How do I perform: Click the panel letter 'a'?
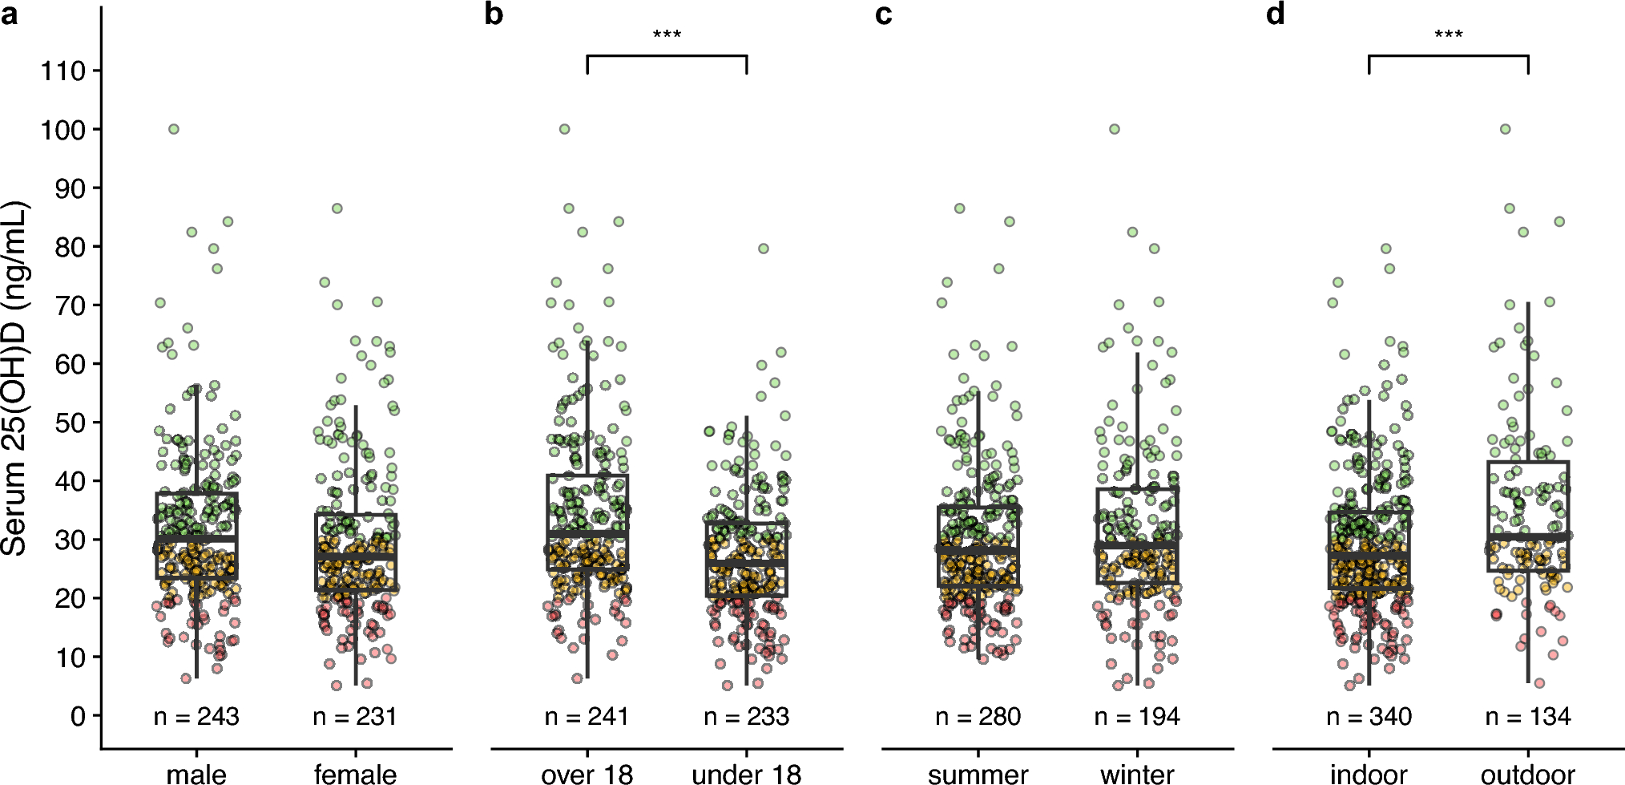point(10,14)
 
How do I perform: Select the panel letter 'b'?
point(494,14)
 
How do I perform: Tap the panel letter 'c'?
point(884,14)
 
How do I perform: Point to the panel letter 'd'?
point(1275,14)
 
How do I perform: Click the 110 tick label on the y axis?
point(63,71)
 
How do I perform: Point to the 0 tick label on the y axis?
point(78,716)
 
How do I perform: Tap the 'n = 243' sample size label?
point(196,716)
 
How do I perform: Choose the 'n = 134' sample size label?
point(1528,716)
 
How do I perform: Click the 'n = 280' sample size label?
point(978,716)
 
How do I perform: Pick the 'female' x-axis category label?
point(355,775)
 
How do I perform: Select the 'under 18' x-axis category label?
point(746,775)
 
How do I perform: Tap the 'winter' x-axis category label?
point(1137,775)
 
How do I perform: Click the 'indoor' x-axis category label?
point(1369,775)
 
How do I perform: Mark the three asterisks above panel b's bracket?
point(667,34)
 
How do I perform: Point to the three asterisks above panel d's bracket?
point(1449,34)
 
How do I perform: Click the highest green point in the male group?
point(173,129)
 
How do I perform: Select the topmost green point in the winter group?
point(1114,129)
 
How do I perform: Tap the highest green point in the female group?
point(337,208)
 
